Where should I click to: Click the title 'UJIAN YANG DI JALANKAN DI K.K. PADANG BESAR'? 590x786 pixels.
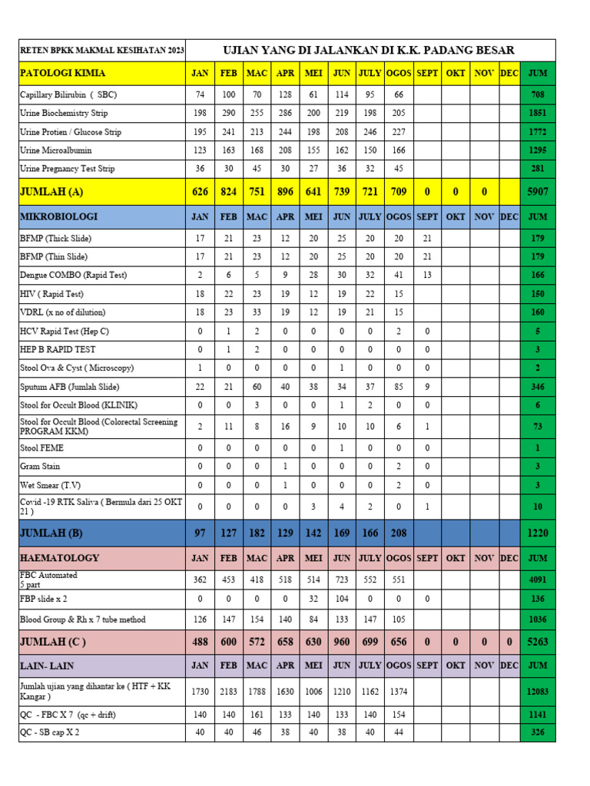click(368, 51)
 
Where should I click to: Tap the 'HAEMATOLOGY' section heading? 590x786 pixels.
click(59, 558)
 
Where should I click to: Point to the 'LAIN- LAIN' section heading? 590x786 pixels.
click(47, 665)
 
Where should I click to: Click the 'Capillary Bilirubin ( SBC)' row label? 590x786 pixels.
click(68, 95)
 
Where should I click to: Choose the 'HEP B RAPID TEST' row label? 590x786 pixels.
click(58, 349)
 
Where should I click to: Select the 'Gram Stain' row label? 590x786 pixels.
click(40, 466)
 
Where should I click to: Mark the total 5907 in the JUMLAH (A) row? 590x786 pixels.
click(538, 192)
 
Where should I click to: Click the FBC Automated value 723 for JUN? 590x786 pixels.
click(342, 580)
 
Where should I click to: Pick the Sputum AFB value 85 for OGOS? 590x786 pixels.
click(398, 387)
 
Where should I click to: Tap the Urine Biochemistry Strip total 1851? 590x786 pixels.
click(538, 113)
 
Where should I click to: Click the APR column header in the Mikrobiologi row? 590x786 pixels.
click(285, 216)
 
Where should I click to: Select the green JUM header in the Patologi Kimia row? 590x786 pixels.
click(538, 73)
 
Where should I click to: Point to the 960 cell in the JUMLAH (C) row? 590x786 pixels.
click(342, 642)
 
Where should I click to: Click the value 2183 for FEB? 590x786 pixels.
click(229, 692)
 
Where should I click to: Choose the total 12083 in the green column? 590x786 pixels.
click(538, 692)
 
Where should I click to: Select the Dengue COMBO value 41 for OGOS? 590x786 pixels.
click(398, 276)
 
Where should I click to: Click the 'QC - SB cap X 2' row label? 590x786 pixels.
click(50, 732)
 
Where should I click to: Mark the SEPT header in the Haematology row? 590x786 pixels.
click(427, 558)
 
